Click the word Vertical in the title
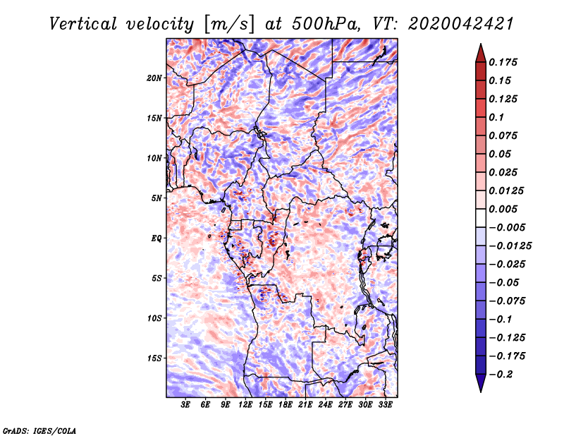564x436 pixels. (83, 24)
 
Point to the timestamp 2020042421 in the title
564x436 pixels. (461, 24)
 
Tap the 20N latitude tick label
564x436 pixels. (154, 78)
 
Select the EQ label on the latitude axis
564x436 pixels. (156, 238)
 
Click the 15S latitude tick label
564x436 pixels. (154, 358)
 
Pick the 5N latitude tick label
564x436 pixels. (156, 198)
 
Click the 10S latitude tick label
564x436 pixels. (154, 318)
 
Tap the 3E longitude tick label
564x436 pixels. (185, 404)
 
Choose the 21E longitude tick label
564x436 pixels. (305, 404)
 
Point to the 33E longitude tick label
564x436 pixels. (385, 404)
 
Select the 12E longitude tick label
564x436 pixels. (245, 404)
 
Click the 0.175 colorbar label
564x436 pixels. (503, 62)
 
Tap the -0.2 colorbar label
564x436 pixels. (501, 374)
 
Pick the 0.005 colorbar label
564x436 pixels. (503, 209)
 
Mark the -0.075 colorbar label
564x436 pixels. (507, 301)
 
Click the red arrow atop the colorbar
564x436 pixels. (481, 53)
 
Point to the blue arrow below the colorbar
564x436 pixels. (481, 383)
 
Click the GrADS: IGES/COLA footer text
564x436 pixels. (39, 430)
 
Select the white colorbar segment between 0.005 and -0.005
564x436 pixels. (481, 218)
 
